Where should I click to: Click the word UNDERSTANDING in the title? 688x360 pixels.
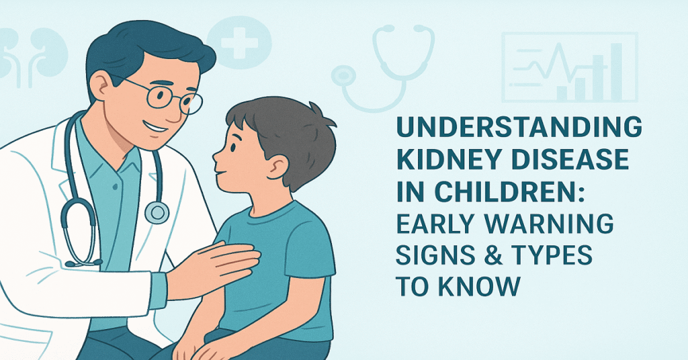pyautogui.click(x=519, y=127)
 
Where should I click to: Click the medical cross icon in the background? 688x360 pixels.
pyautogui.click(x=239, y=42)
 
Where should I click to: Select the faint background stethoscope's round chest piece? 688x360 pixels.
pyautogui.click(x=343, y=77)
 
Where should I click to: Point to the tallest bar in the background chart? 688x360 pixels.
pyautogui.click(x=616, y=71)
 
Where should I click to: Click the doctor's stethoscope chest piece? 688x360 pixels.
pyautogui.click(x=157, y=212)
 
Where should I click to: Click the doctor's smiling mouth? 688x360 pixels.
pyautogui.click(x=155, y=128)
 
